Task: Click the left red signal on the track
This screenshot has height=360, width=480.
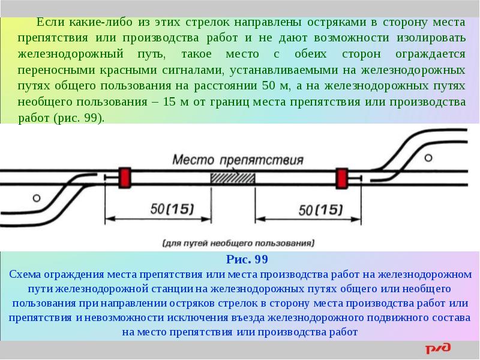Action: coord(126,176)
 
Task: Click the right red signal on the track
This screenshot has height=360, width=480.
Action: coord(341,178)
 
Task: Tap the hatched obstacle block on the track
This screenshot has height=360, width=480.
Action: coord(232,178)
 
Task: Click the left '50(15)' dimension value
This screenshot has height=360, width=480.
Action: coord(172,209)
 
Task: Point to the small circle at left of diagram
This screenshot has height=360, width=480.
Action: coord(37,197)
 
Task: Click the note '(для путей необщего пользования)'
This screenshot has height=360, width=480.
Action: coord(238,244)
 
